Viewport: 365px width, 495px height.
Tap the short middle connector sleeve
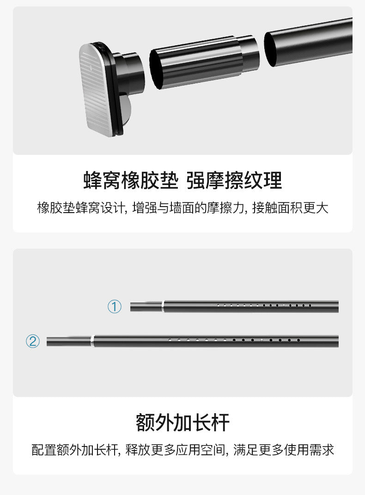coord(196,62)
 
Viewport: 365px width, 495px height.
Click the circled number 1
coord(115,306)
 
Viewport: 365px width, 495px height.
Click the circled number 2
coord(33,342)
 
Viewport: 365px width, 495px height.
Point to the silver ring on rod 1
coord(163,306)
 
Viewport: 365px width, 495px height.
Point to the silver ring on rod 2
coord(92,342)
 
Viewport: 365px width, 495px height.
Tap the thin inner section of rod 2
coord(69,342)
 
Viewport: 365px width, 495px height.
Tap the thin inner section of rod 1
coord(146,306)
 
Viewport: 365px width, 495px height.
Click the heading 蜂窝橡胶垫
coord(130,180)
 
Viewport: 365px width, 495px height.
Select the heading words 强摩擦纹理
coord(234,180)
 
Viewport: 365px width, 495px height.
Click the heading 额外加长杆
coord(182,422)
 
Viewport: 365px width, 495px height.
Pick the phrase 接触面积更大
coord(290,208)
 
